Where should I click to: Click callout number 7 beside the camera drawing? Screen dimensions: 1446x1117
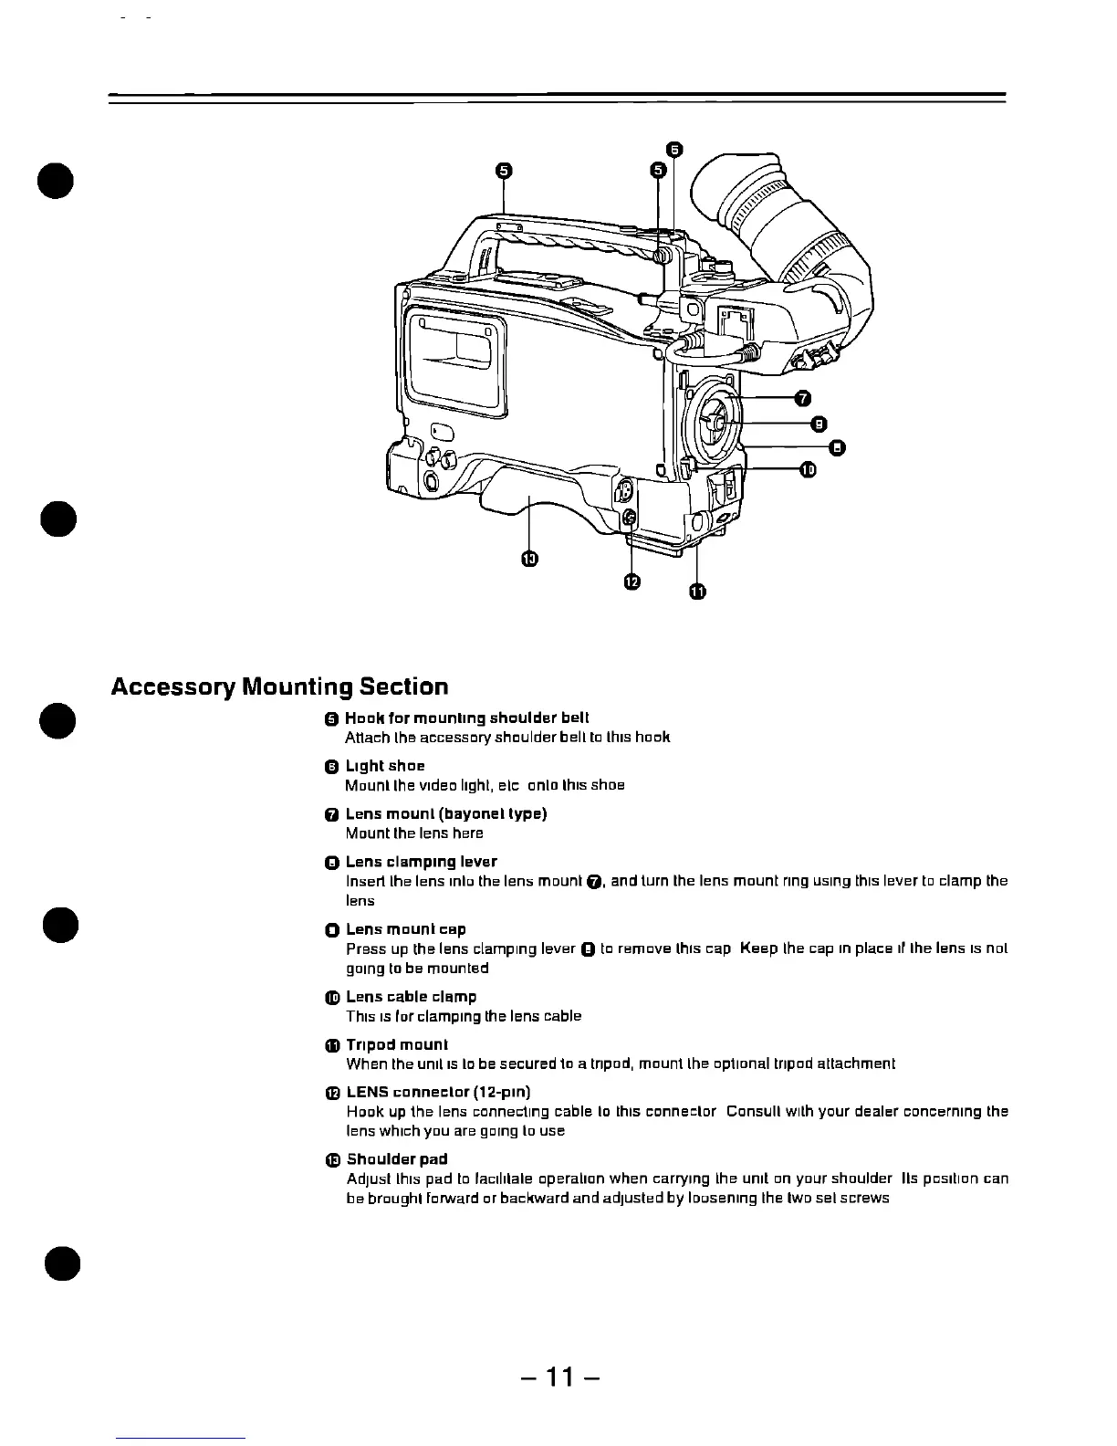coord(801,398)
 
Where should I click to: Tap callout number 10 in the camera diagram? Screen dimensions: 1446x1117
coord(808,469)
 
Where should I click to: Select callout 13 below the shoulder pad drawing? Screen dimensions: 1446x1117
coord(528,559)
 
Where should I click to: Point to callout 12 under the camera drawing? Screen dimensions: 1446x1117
coord(632,582)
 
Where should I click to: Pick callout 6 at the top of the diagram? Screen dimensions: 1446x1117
coord(673,150)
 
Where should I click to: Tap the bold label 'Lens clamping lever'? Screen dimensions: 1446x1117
coord(421,862)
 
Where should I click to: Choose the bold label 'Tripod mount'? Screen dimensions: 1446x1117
coord(397,1044)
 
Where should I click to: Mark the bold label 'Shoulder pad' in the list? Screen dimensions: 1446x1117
coord(397,1159)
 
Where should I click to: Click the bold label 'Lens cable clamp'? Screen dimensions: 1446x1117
coord(411,997)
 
